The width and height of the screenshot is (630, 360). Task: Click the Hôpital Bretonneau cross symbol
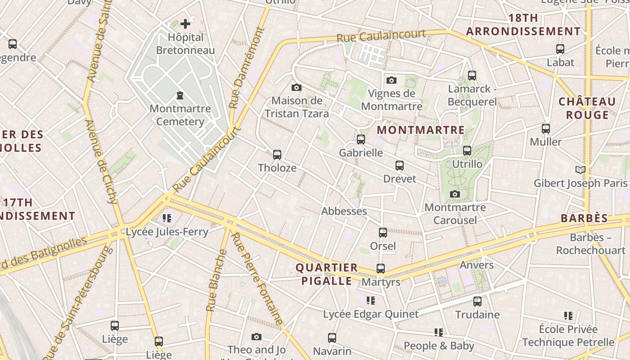point(185,24)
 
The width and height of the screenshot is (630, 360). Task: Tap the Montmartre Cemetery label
point(180,115)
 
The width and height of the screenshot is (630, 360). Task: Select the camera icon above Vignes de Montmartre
point(391,80)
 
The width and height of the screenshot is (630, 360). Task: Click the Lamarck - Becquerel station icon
point(472,76)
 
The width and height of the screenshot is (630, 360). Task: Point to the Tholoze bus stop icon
point(277,155)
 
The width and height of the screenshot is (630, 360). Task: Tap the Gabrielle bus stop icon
point(360,139)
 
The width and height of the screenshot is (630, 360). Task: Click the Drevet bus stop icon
point(399,166)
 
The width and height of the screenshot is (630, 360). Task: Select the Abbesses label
point(344,211)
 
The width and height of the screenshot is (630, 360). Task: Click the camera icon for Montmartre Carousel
point(455,194)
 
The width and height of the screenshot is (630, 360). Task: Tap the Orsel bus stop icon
point(382,233)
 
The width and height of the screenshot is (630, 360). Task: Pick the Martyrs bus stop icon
point(380,269)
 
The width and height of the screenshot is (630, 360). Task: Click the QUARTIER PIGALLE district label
point(326,274)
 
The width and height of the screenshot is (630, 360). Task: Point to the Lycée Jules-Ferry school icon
point(167,218)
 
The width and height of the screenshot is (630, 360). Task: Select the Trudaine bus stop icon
point(477,301)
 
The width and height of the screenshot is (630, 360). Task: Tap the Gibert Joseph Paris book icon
point(580,170)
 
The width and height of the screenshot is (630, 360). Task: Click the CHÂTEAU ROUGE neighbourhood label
point(587,108)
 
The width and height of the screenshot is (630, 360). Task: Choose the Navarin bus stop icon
point(332,338)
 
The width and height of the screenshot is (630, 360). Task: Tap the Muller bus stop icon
point(545,129)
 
